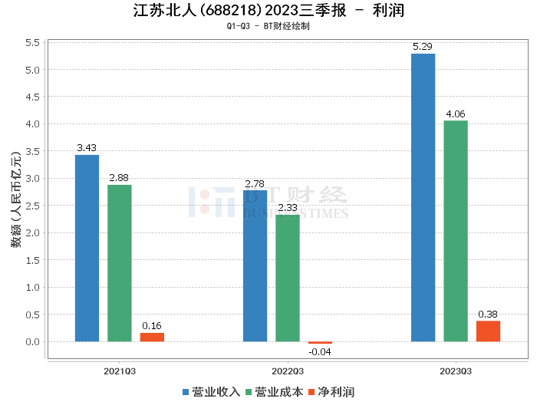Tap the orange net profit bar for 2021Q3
[152, 337]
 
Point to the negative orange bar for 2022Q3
[320, 343]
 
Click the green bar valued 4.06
[455, 231]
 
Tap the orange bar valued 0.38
[488, 331]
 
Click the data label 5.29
[423, 47]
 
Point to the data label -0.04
[320, 352]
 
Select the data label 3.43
[87, 148]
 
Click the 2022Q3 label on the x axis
[288, 371]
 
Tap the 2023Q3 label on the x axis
[455, 371]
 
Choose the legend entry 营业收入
[212, 391]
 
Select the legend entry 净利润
[331, 391]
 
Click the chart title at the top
[268, 11]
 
